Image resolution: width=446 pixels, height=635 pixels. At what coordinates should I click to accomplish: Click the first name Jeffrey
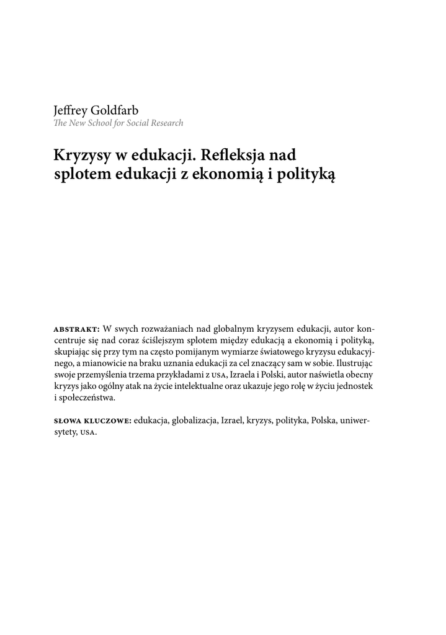[x=71, y=110]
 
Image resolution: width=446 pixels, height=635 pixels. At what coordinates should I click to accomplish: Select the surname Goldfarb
[x=115, y=110]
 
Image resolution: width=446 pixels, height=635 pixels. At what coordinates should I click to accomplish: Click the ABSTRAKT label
[x=77, y=329]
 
